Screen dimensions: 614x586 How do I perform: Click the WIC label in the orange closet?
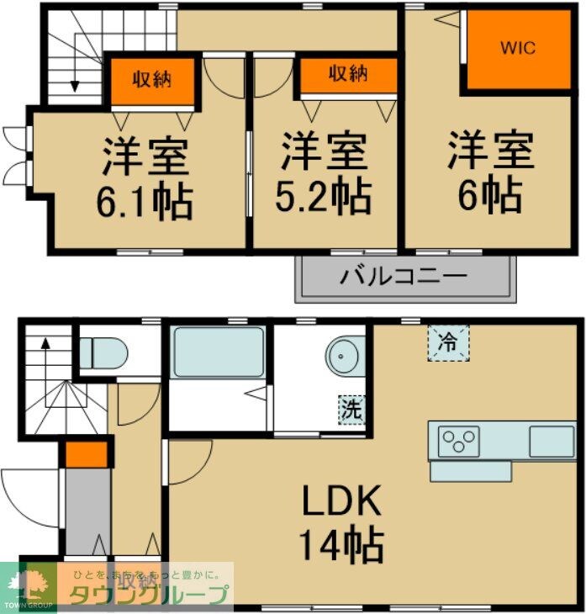point(517,48)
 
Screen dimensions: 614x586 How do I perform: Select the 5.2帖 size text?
point(324,197)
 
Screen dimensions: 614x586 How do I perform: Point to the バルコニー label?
point(404,276)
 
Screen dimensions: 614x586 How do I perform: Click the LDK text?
point(342,502)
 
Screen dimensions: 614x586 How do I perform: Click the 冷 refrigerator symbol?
point(448,342)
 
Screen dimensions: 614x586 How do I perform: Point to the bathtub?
point(219,352)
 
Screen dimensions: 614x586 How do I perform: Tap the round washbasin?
point(345,356)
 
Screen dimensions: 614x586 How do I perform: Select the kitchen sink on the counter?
point(551,439)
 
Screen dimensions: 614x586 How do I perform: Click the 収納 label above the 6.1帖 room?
point(152,80)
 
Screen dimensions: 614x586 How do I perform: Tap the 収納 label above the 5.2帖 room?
point(348,74)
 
